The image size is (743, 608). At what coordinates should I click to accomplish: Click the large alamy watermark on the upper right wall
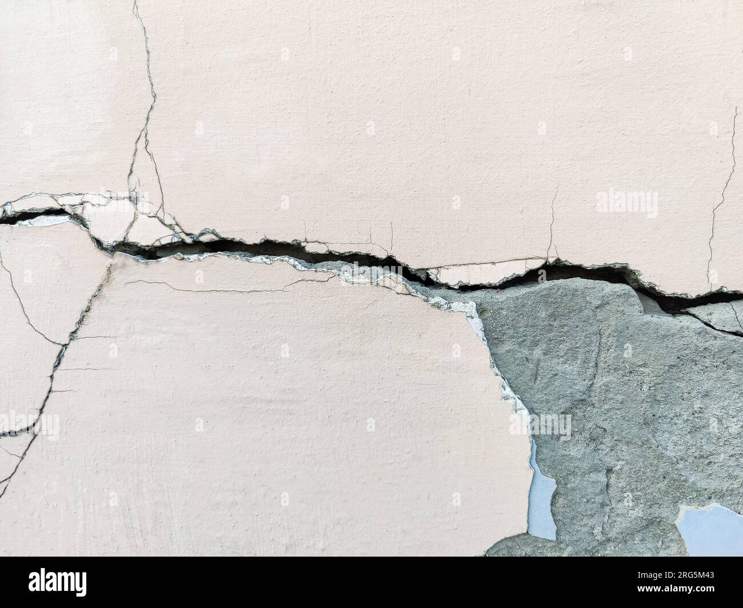tap(626, 203)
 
